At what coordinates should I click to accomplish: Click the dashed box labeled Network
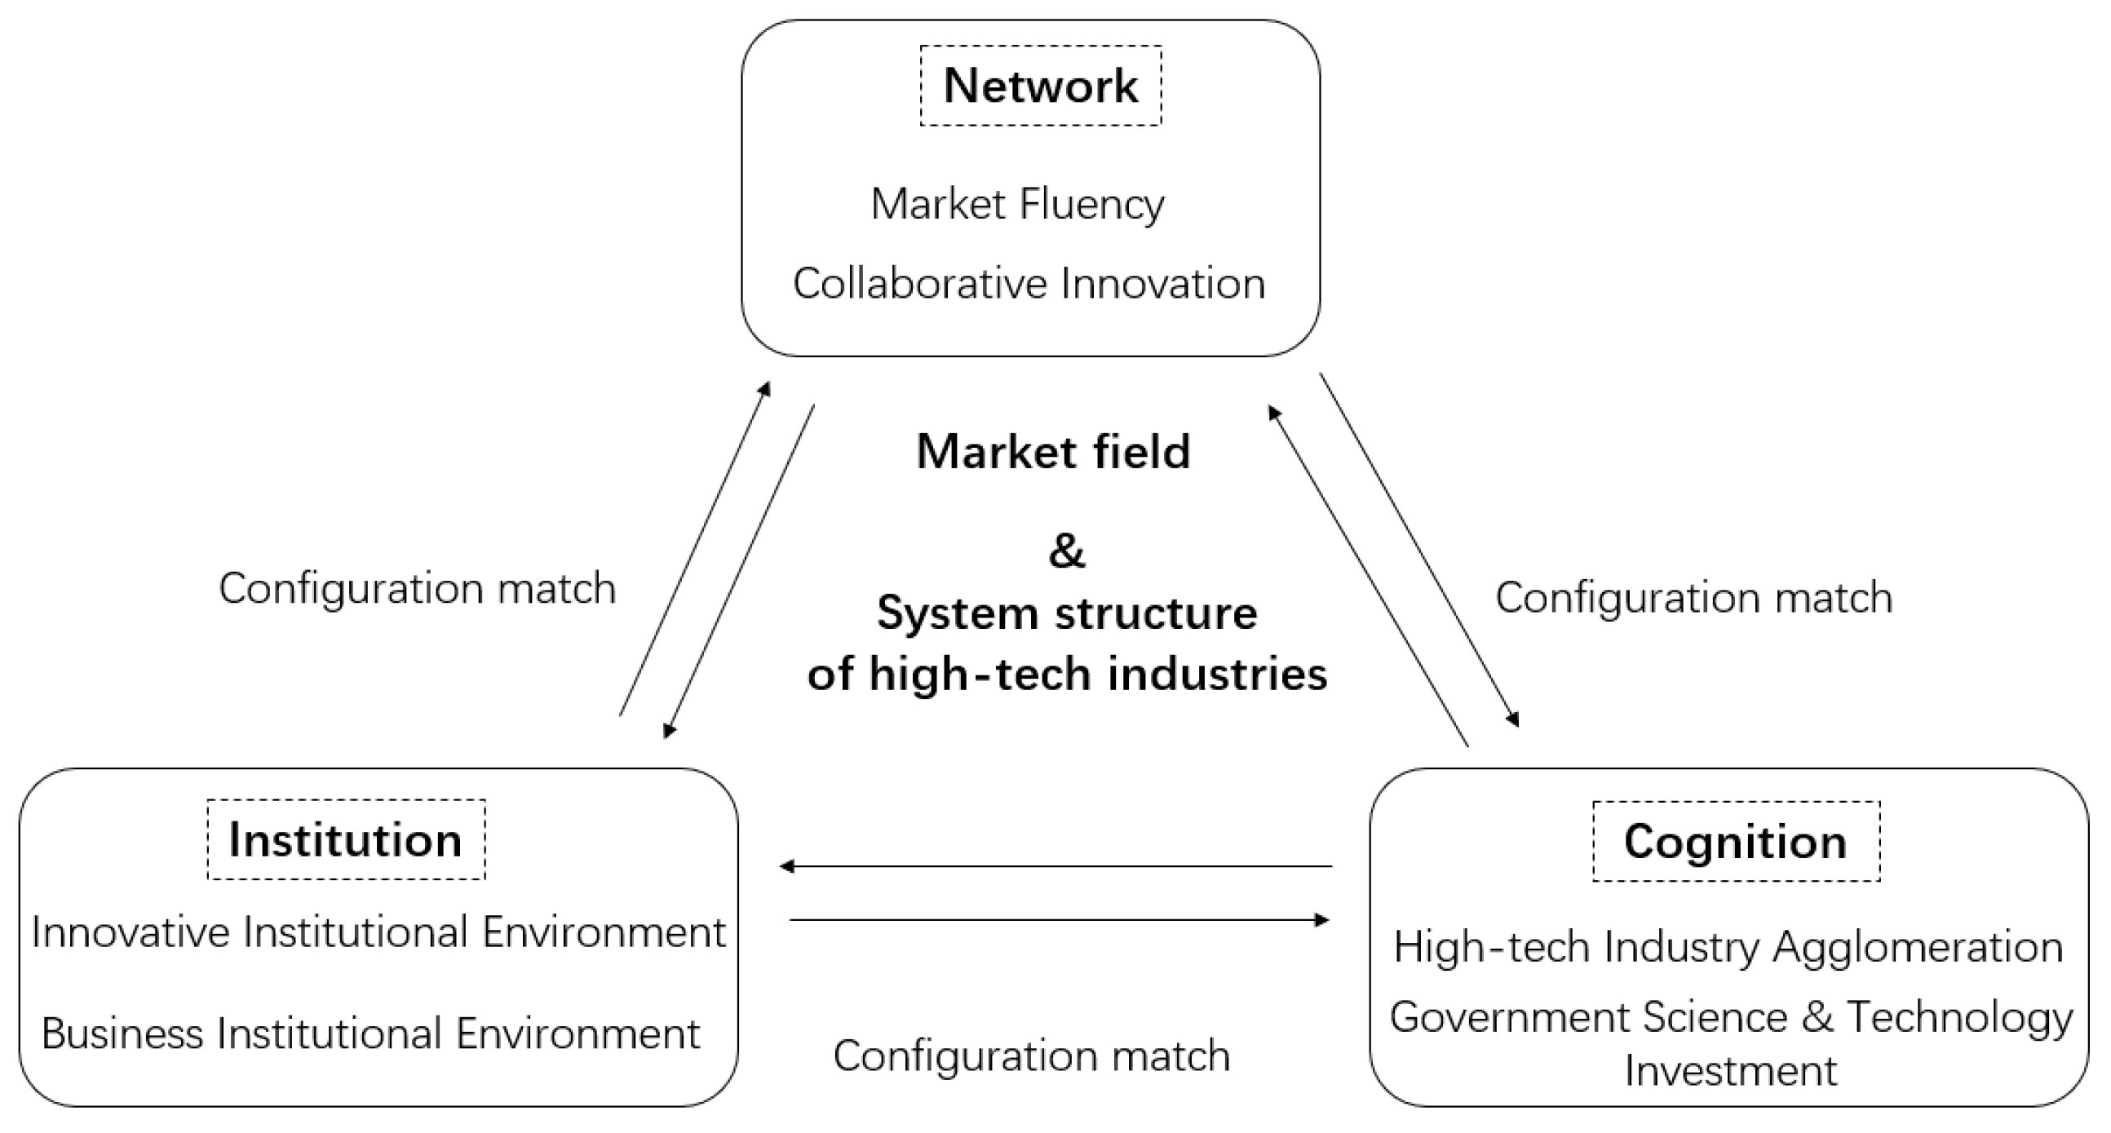1041,85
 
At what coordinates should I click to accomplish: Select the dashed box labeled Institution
346,839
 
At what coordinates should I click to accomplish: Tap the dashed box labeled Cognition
1736,841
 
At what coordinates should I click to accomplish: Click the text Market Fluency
1017,203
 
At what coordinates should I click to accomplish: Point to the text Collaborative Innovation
1029,284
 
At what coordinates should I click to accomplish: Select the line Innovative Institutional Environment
378,932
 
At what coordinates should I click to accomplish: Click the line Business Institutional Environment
371,1033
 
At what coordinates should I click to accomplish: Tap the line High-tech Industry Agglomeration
1728,947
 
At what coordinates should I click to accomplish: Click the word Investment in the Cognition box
1731,1071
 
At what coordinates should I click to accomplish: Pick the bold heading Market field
1053,451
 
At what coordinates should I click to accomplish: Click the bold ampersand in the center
1066,551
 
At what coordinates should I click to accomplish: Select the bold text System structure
1067,613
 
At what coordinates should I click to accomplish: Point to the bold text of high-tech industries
1067,675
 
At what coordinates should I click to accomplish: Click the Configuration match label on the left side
417,588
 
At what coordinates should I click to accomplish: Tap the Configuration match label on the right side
1694,596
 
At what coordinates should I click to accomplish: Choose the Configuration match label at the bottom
1032,1056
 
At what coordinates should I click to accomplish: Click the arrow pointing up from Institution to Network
695,549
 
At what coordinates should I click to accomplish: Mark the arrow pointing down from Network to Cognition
1418,549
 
